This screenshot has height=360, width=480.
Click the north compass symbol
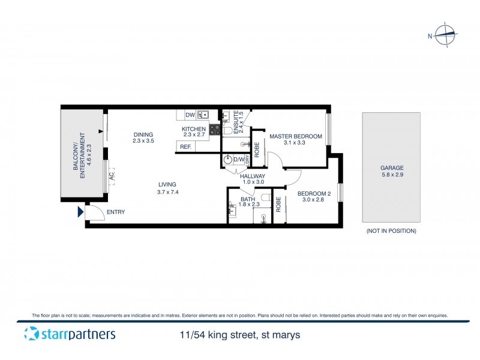[x=445, y=35]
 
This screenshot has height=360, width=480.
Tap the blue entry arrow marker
[x=80, y=212]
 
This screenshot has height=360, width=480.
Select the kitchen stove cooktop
[x=214, y=128]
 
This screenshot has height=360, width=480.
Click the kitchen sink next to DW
[x=203, y=114]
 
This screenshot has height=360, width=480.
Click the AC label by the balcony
[x=112, y=176]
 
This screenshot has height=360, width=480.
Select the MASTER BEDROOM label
[x=295, y=136]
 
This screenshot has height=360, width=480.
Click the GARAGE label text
[x=391, y=168]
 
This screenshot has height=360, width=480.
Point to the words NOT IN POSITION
[x=391, y=231]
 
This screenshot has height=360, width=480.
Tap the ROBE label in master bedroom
[x=257, y=148]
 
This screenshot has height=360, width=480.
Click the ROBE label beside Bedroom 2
[x=278, y=204]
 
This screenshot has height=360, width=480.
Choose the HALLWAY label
[x=253, y=176]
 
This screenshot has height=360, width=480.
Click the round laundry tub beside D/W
[x=227, y=160]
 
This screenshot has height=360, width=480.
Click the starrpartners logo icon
[x=31, y=334]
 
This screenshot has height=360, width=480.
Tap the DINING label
[x=143, y=134]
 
